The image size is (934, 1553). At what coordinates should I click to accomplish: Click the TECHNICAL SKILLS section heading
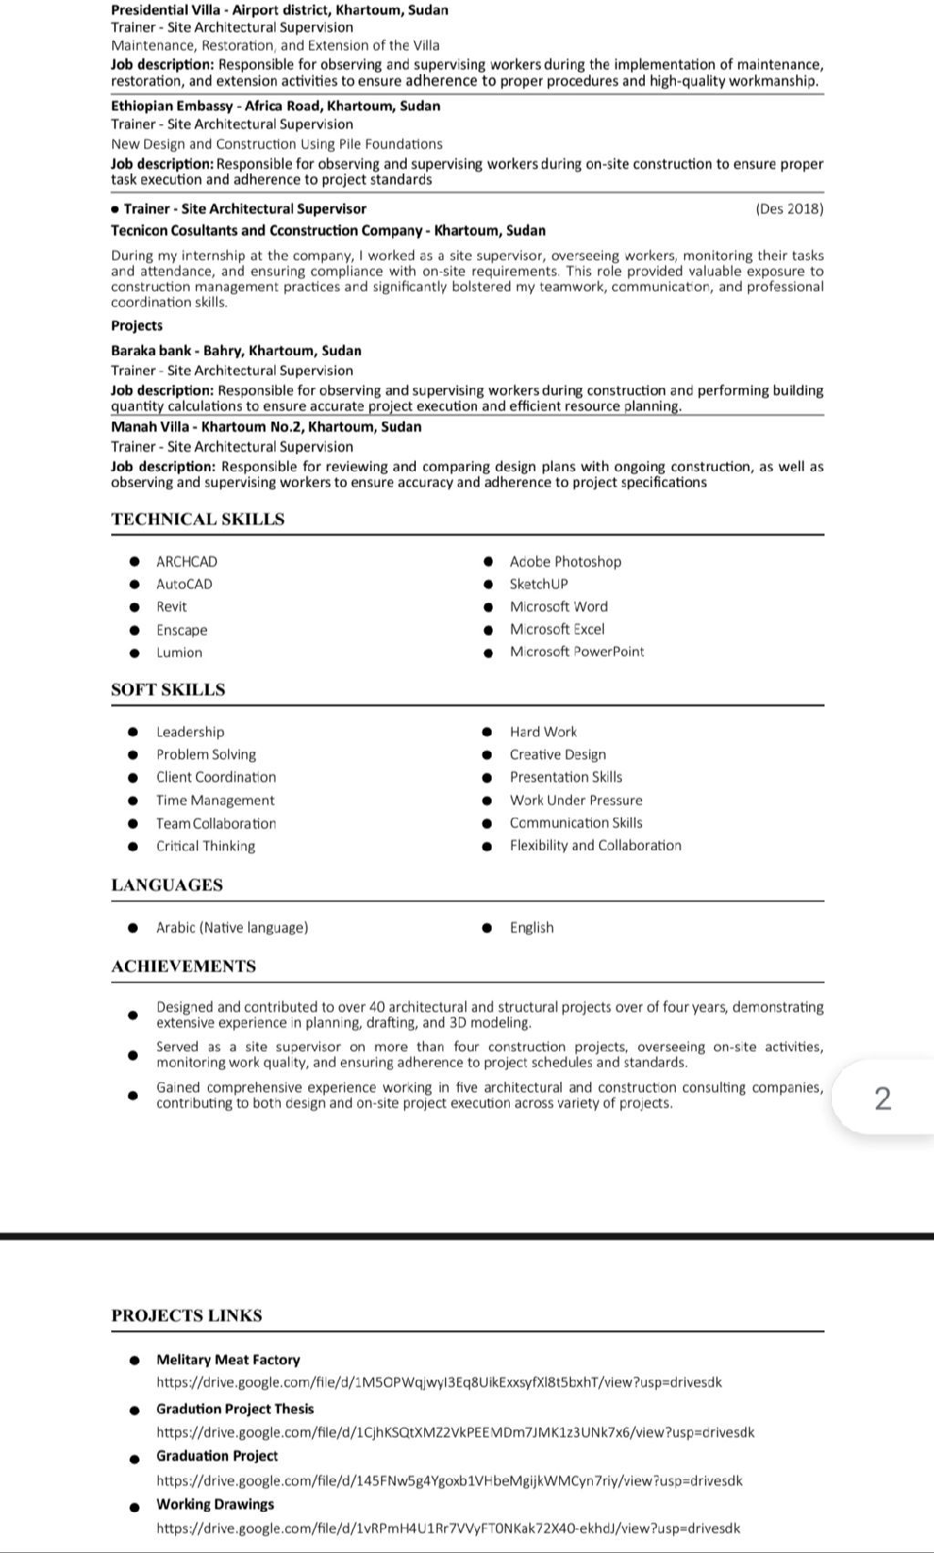point(198,519)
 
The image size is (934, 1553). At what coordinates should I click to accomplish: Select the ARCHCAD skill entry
point(187,562)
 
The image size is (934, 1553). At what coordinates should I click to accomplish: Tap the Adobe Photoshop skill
point(565,562)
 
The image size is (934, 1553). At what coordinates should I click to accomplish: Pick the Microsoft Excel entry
point(556,630)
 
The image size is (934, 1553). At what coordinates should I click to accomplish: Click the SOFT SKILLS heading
point(168,690)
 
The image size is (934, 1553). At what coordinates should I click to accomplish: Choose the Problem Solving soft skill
point(206,755)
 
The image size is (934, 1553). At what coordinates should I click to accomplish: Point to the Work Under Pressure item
point(576,800)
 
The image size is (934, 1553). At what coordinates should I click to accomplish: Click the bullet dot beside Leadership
point(134,732)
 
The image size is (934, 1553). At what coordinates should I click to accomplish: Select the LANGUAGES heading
point(167,885)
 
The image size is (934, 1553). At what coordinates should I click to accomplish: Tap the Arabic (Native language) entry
point(232,928)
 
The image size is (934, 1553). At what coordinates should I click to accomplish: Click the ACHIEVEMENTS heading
point(183,966)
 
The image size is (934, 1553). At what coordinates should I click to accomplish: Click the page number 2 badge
point(882,1098)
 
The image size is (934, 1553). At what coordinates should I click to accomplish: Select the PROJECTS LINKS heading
point(187,1316)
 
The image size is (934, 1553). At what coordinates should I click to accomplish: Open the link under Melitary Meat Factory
point(439,1382)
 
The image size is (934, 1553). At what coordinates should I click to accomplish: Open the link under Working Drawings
point(448,1528)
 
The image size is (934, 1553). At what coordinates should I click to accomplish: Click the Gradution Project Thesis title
point(234,1409)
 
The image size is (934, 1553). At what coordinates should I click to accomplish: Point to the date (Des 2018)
point(789,209)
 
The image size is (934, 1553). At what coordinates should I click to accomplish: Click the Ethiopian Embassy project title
point(275,106)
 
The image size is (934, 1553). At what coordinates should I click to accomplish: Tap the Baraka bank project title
point(236,350)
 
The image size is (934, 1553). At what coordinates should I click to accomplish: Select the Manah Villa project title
point(266,427)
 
